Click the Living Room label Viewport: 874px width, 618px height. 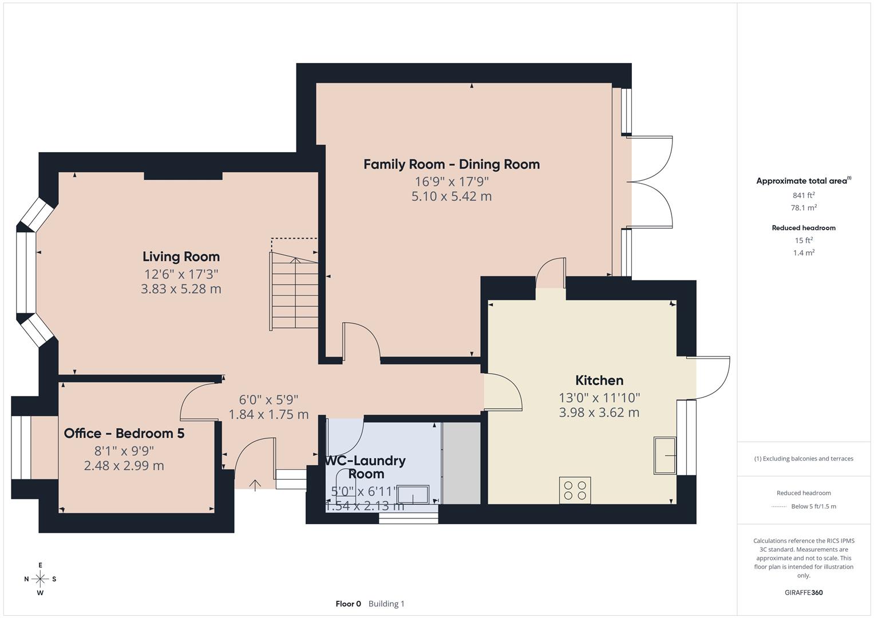[181, 257]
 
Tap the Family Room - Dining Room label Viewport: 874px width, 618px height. [452, 165]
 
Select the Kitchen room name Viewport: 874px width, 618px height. [599, 381]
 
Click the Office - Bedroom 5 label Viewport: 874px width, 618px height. [124, 434]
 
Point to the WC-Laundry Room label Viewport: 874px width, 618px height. [366, 467]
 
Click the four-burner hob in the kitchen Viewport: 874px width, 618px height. [575, 490]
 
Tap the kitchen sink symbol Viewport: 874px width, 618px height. [665, 455]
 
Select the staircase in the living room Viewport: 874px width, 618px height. [295, 292]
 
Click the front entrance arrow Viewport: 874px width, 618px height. [255, 485]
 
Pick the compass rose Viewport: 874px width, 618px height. [40, 579]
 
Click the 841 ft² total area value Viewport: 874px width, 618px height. [804, 195]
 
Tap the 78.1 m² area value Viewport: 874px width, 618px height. [804, 208]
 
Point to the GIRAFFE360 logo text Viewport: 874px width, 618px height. [804, 592]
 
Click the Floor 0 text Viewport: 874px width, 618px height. [348, 604]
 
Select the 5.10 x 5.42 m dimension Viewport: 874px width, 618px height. [452, 196]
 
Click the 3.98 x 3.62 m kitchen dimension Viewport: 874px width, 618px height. [599, 413]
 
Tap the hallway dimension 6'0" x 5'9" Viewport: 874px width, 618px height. [268, 399]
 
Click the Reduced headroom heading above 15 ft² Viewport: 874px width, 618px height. [804, 228]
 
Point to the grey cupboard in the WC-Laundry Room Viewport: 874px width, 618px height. [461, 463]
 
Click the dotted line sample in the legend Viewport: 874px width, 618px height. [779, 506]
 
